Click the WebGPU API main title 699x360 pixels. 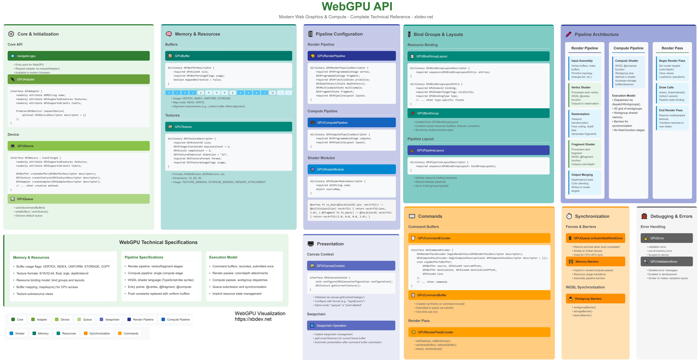(357, 6)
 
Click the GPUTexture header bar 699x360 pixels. (228, 127)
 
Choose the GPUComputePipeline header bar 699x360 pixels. (352, 122)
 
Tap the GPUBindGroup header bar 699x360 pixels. (478, 113)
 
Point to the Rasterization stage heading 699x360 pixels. (580, 114)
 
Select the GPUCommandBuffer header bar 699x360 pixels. (479, 295)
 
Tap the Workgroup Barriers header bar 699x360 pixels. (595, 299)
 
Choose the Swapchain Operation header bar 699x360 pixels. (351, 325)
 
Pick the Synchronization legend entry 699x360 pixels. (97, 333)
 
